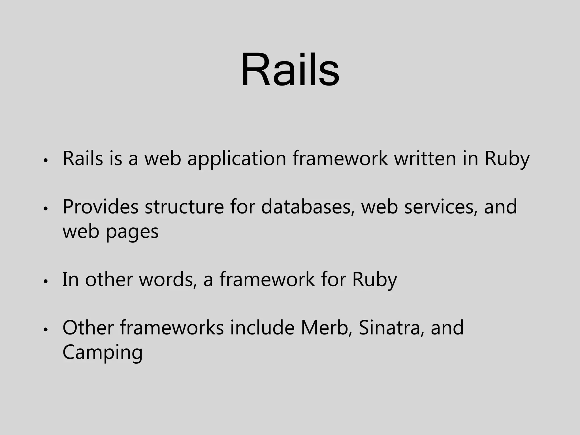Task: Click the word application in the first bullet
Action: tap(236, 159)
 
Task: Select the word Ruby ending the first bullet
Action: tap(507, 159)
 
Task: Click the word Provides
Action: tap(100, 207)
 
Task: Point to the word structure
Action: tap(184, 207)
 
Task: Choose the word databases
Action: tap(308, 207)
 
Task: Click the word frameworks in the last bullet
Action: tap(172, 328)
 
